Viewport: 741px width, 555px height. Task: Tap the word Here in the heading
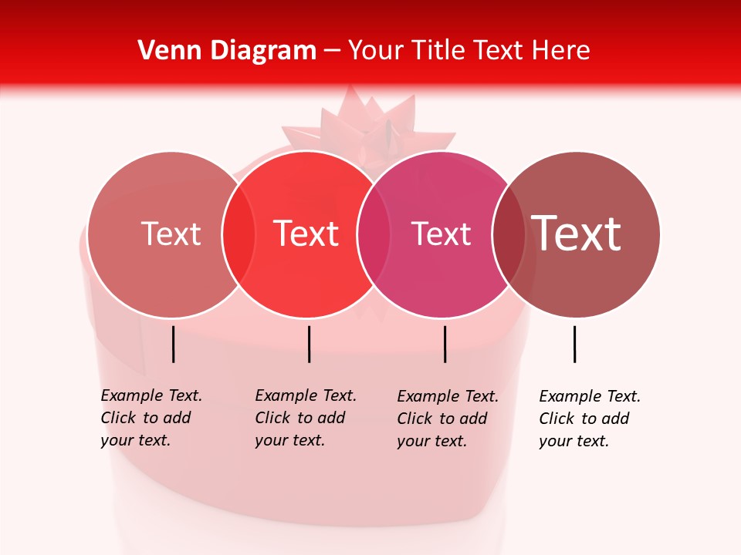(563, 51)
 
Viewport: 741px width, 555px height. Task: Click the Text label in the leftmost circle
(171, 234)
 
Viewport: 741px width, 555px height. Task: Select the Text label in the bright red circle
(306, 234)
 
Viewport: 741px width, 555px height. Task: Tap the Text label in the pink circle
(441, 234)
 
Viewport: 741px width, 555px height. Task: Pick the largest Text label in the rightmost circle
(577, 234)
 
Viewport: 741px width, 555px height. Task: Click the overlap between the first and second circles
(239, 234)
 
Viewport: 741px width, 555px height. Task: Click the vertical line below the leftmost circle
(174, 344)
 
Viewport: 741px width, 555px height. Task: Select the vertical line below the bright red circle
(309, 344)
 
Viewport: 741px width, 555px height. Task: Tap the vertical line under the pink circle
(445, 344)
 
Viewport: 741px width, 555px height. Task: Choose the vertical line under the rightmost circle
(574, 344)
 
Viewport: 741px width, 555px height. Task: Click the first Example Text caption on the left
(151, 418)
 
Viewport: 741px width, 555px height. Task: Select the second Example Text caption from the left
(305, 418)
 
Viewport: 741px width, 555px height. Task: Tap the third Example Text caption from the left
(447, 419)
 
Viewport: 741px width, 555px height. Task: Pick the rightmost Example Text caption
(589, 419)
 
